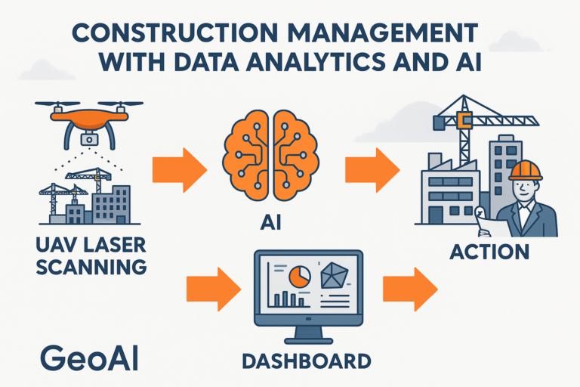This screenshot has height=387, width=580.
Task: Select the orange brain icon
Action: tap(270, 155)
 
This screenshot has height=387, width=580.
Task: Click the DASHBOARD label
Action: tap(307, 361)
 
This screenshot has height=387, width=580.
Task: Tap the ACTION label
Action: tap(489, 252)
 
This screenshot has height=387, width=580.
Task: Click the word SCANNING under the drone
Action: tap(91, 267)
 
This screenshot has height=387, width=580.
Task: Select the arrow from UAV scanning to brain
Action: tap(180, 169)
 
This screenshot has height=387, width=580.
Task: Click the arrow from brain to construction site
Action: tap(372, 169)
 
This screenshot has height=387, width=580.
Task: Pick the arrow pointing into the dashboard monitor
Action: tap(214, 289)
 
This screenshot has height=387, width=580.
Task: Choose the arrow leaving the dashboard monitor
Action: tap(410, 289)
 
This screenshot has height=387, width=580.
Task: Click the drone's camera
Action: tap(89, 139)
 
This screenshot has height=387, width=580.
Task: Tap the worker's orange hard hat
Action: tap(526, 170)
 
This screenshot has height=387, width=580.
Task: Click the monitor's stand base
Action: tap(308, 340)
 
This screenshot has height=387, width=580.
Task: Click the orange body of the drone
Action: tap(89, 116)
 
